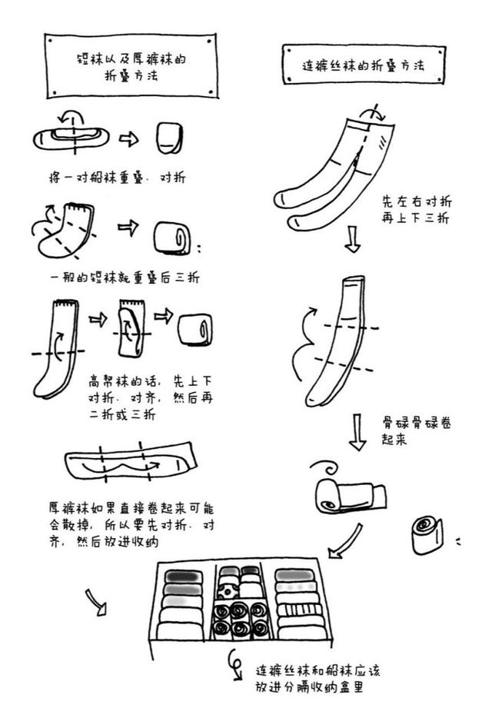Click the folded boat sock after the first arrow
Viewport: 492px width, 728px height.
point(169,138)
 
